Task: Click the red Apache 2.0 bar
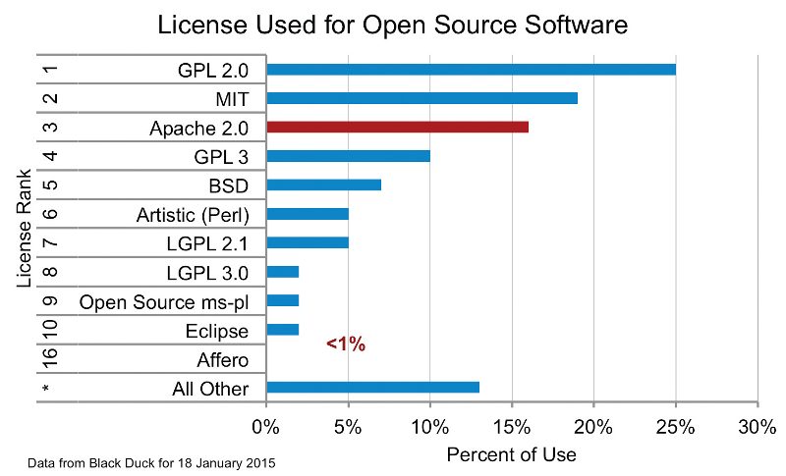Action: [397, 127]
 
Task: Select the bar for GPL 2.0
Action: [471, 70]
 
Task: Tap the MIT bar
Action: [421, 98]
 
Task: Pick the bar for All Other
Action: [372, 387]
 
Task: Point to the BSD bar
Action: [323, 185]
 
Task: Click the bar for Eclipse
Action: [282, 330]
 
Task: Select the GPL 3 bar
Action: [348, 156]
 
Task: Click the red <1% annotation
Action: [345, 344]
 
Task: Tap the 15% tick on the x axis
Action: [511, 428]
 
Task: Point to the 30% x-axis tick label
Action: [757, 428]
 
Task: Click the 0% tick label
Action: [265, 428]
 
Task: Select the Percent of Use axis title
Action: [511, 455]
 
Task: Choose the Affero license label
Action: [222, 359]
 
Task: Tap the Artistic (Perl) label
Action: [192, 214]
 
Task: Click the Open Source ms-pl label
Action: [163, 301]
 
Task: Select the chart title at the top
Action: [393, 25]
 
